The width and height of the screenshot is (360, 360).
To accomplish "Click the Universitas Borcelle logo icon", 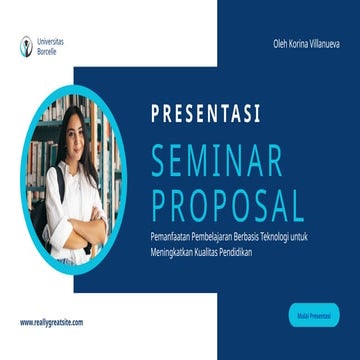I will click(24, 44).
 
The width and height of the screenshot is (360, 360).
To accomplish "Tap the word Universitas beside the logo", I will click(48, 41).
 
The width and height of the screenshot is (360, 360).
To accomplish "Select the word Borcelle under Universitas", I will click(45, 48).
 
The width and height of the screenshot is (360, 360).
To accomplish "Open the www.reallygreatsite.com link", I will click(51, 322).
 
